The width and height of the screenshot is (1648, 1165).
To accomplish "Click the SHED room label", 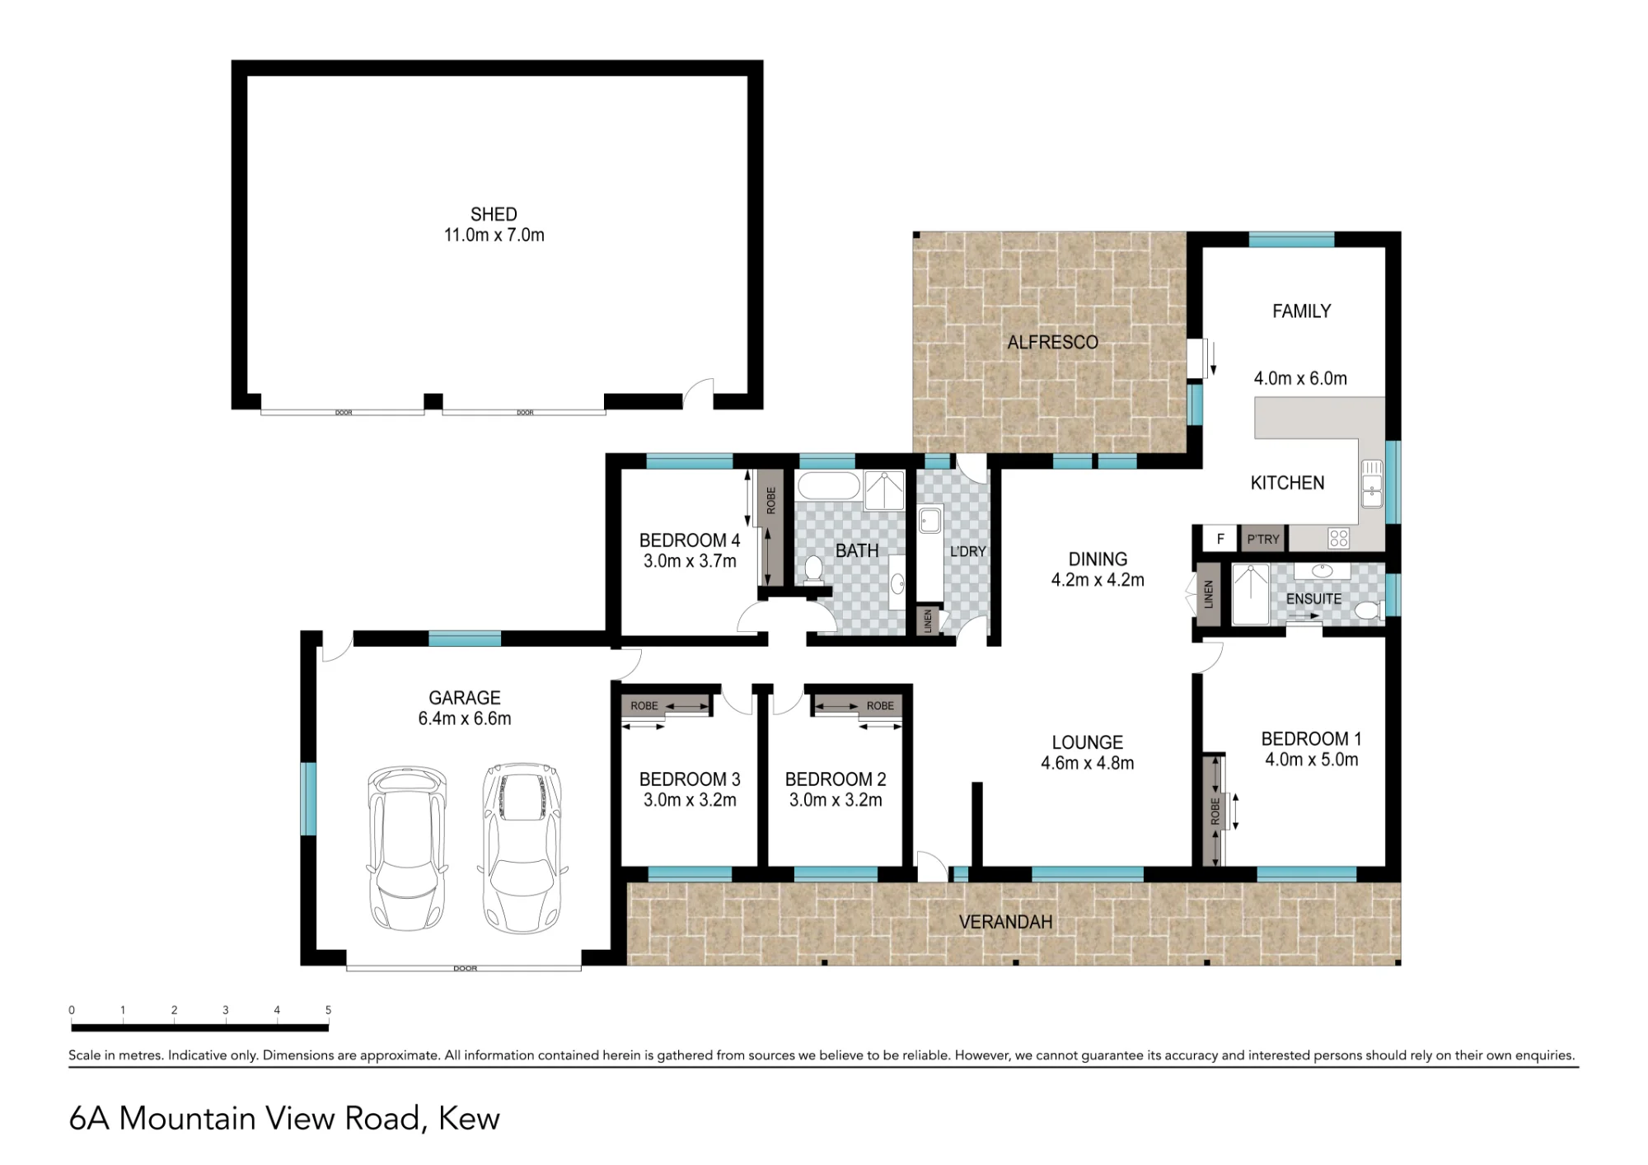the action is click(494, 214).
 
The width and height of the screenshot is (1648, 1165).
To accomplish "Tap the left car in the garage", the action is click(407, 848).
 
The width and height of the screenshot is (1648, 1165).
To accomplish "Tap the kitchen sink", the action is click(1371, 483).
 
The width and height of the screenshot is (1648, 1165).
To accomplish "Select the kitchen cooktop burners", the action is click(1339, 539).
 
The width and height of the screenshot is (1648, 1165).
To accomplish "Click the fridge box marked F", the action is click(1220, 539).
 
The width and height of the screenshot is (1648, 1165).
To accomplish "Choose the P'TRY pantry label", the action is click(1263, 540).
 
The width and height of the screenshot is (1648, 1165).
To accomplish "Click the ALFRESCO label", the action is click(1052, 342).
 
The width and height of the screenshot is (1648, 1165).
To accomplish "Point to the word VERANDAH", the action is click(1005, 922).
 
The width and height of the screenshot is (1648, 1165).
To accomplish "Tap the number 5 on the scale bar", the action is click(328, 1010).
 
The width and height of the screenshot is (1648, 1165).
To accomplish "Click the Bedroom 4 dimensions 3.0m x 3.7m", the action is click(690, 561).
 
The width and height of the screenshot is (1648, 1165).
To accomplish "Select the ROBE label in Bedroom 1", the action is click(1215, 812).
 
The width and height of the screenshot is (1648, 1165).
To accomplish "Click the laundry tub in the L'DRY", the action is click(930, 521).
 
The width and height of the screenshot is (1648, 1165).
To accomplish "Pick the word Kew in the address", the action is click(469, 1118).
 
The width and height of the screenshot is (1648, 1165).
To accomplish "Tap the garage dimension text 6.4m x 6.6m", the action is click(465, 718).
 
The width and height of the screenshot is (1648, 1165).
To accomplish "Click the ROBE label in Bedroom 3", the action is click(644, 706).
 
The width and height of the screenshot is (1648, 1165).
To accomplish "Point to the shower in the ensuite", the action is click(1250, 594).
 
